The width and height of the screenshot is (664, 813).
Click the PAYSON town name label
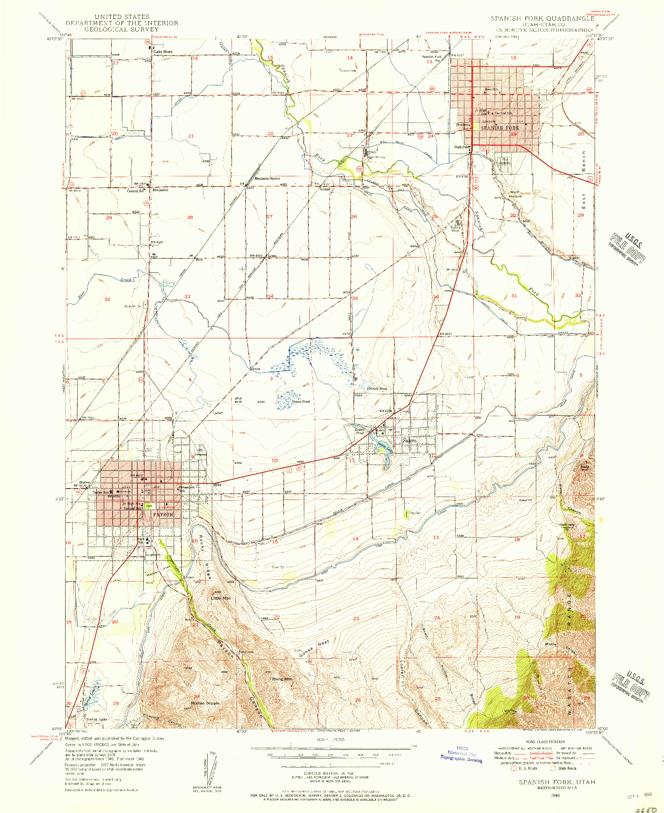(163, 515)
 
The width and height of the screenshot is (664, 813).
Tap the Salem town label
(409, 441)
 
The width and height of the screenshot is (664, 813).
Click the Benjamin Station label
(267, 178)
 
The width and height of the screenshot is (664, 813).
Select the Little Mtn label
(221, 598)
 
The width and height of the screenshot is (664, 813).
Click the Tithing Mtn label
(280, 679)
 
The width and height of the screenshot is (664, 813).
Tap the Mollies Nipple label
(205, 703)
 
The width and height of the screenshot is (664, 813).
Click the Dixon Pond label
(300, 401)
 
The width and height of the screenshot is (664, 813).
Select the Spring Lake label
(97, 719)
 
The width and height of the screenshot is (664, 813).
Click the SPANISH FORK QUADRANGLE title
(542, 19)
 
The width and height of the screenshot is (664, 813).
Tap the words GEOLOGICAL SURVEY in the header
(121, 29)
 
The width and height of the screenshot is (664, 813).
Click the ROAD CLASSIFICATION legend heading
(545, 742)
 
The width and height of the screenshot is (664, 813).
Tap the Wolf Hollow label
(515, 194)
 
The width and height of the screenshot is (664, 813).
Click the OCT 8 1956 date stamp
(639, 792)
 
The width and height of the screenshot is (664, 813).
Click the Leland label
(325, 189)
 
